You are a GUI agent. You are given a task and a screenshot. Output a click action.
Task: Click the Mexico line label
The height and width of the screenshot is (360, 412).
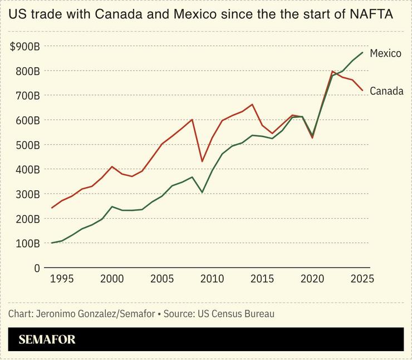point(385,53)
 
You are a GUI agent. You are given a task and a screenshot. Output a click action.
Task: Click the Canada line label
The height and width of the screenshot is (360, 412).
point(386,91)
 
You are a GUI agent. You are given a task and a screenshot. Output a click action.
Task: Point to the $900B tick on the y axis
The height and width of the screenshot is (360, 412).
point(25,47)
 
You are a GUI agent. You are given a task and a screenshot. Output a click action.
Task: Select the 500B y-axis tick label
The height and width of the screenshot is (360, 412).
point(27,145)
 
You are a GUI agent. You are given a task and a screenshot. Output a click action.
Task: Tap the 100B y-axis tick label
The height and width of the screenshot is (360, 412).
point(27,243)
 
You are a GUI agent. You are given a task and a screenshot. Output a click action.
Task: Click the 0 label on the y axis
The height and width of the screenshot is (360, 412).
point(37,268)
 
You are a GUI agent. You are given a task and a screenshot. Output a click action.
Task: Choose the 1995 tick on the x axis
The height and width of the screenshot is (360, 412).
point(62,278)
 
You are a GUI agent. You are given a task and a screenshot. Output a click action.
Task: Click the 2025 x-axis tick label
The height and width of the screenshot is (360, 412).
point(362,278)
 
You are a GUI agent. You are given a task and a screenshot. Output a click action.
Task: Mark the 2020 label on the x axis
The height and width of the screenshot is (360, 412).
point(312,278)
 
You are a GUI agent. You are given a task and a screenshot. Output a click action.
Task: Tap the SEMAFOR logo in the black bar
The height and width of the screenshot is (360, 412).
point(47,339)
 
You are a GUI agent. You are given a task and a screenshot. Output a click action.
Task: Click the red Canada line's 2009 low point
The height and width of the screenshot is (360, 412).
point(202,161)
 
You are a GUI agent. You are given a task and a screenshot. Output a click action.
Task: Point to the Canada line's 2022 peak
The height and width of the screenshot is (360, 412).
point(332,71)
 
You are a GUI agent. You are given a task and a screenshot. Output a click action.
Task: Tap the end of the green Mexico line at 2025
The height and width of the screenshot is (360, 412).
point(362,52)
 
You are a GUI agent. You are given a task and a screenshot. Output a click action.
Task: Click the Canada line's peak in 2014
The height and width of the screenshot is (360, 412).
point(252,105)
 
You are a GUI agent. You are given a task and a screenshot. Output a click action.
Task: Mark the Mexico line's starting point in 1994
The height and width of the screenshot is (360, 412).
point(52,243)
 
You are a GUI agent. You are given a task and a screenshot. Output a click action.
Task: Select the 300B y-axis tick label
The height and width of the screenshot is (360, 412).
point(27,194)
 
